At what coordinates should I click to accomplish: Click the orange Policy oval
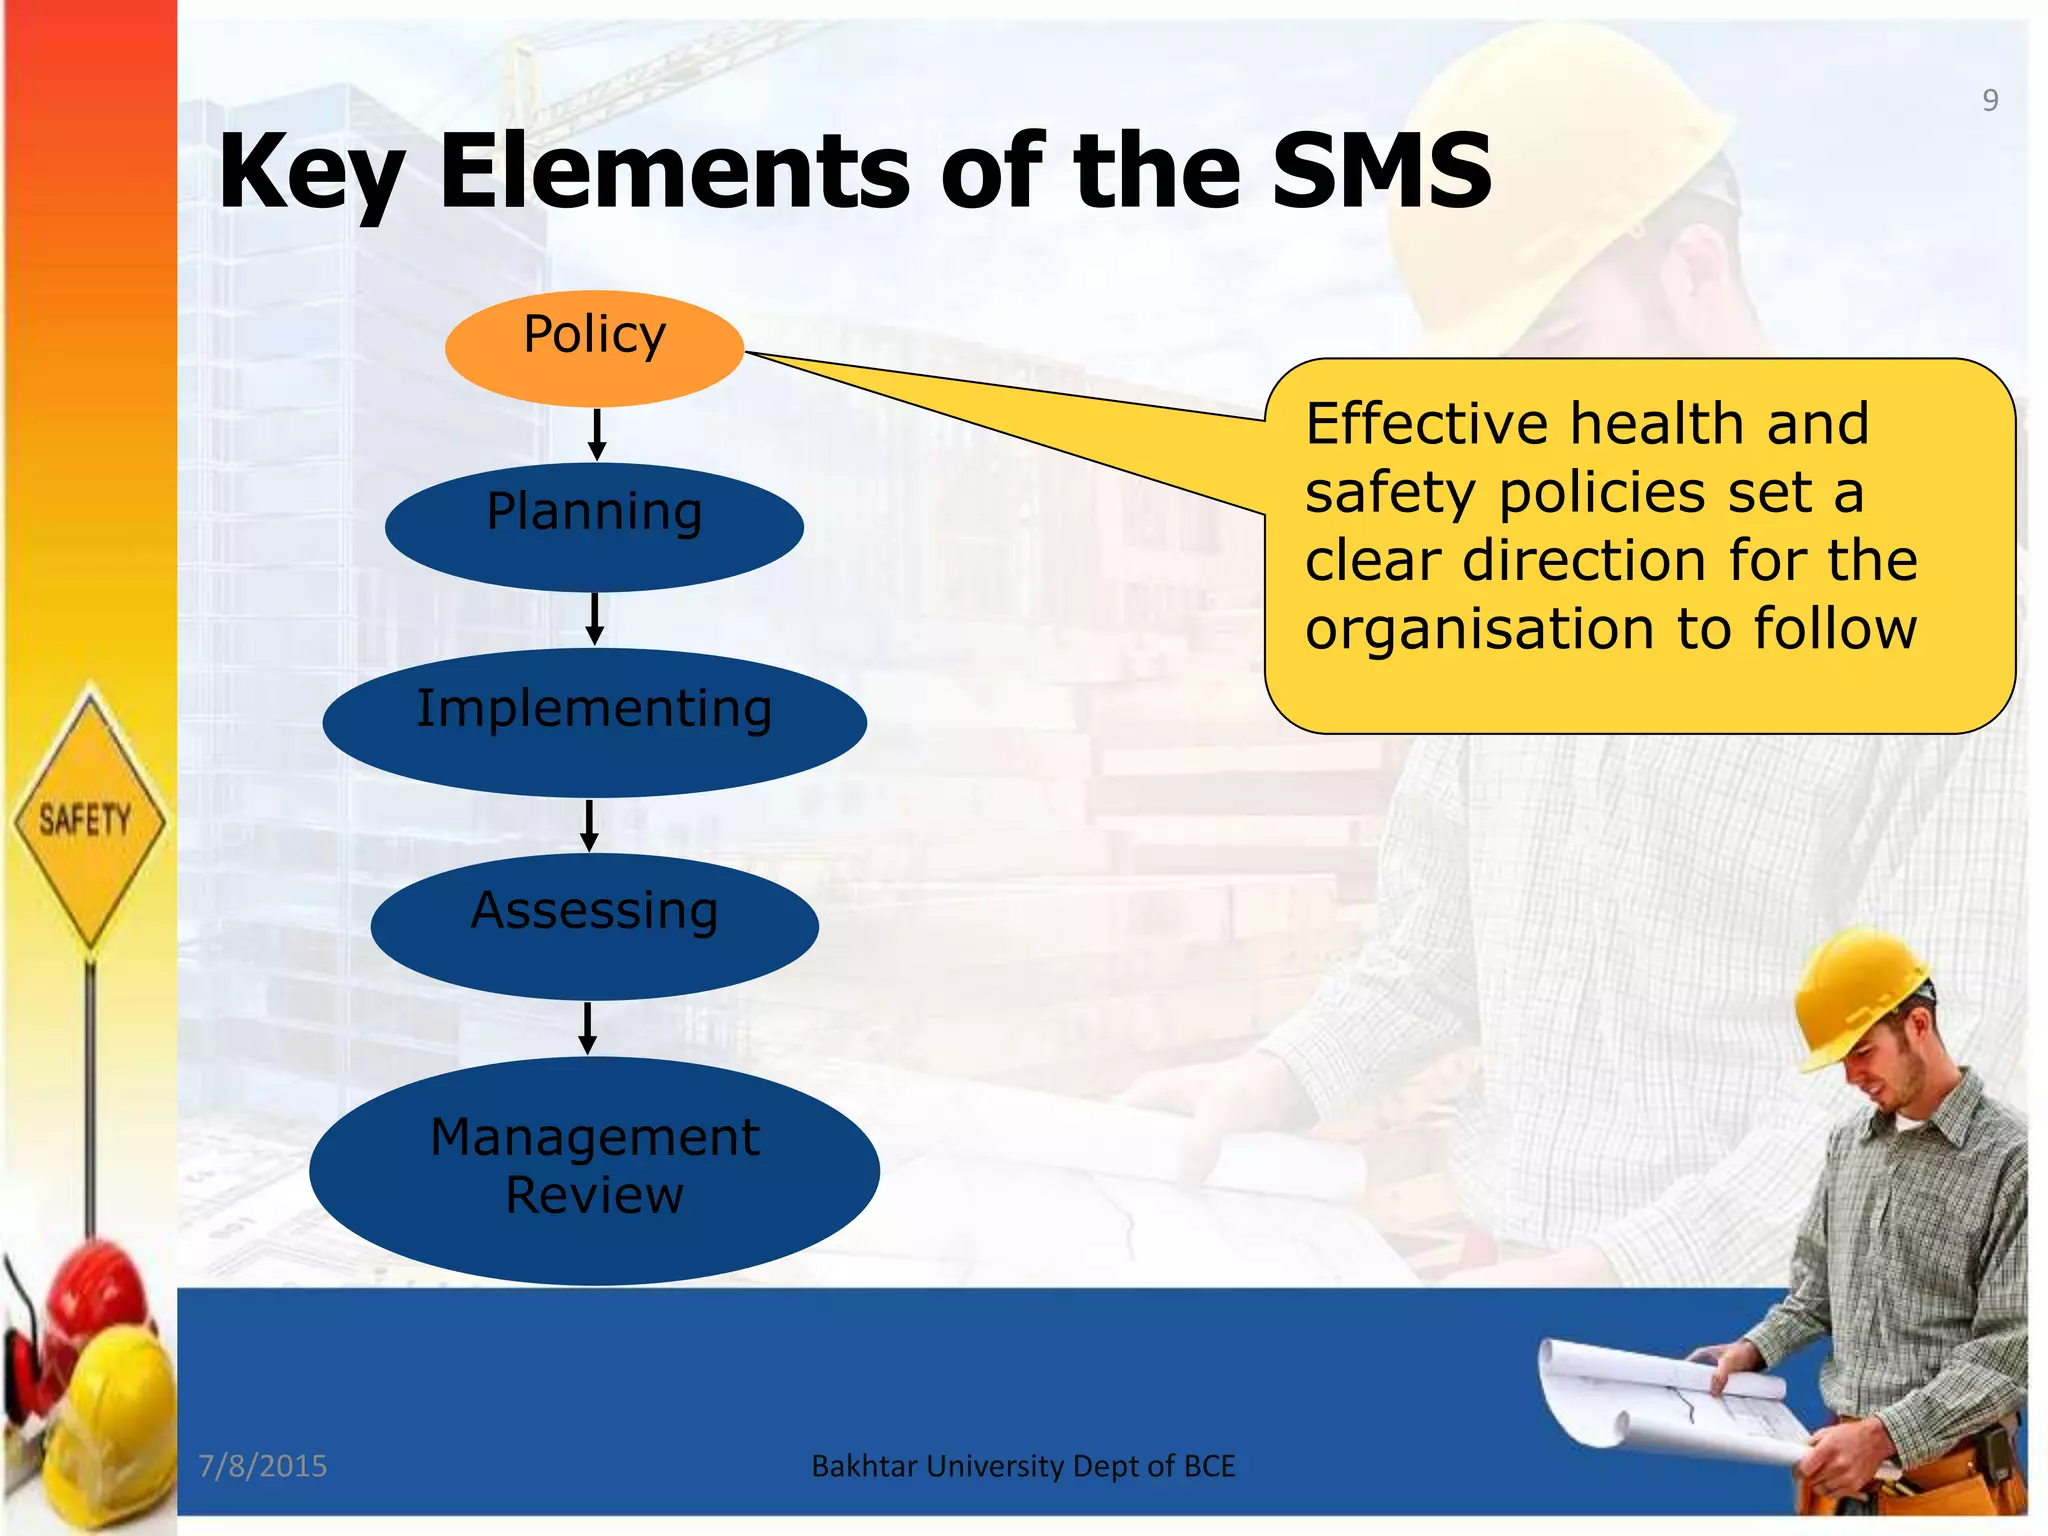coord(594,348)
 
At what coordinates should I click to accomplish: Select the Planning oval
coord(594,527)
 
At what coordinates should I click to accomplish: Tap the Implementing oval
coord(594,722)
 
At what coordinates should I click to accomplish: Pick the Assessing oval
coord(594,926)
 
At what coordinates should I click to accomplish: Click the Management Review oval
coord(594,1170)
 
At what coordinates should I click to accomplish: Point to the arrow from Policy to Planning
coord(597,434)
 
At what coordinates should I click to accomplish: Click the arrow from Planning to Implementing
coord(595,618)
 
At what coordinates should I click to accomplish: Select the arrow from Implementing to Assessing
coord(590,825)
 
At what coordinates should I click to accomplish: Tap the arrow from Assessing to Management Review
coord(588,1028)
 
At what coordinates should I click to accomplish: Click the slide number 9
coord(1990,100)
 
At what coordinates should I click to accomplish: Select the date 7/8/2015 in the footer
coord(263,1466)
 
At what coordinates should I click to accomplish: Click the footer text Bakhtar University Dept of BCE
coord(1023,1466)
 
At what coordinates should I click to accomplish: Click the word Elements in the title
coord(675,172)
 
